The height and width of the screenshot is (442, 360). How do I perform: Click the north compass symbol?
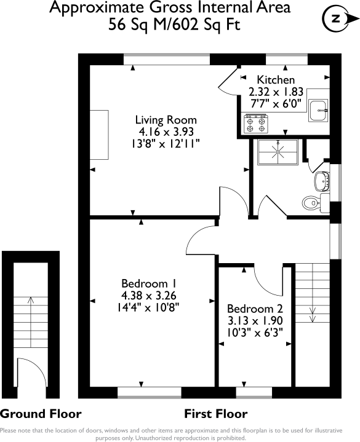point(336,19)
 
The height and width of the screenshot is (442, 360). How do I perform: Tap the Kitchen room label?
point(276,80)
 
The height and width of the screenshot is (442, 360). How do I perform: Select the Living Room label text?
point(166,120)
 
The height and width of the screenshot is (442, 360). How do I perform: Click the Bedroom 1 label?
point(149,283)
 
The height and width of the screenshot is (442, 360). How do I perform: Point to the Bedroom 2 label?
point(255,309)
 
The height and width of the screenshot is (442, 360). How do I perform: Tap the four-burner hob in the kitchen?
point(255,125)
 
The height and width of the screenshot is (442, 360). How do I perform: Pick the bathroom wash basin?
point(321,180)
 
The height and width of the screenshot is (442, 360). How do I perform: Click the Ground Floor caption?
point(41,413)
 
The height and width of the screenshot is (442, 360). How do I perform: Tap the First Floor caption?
point(216,413)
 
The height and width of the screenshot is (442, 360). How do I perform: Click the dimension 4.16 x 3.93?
point(166,132)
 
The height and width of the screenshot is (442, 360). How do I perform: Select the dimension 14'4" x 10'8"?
point(149,307)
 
